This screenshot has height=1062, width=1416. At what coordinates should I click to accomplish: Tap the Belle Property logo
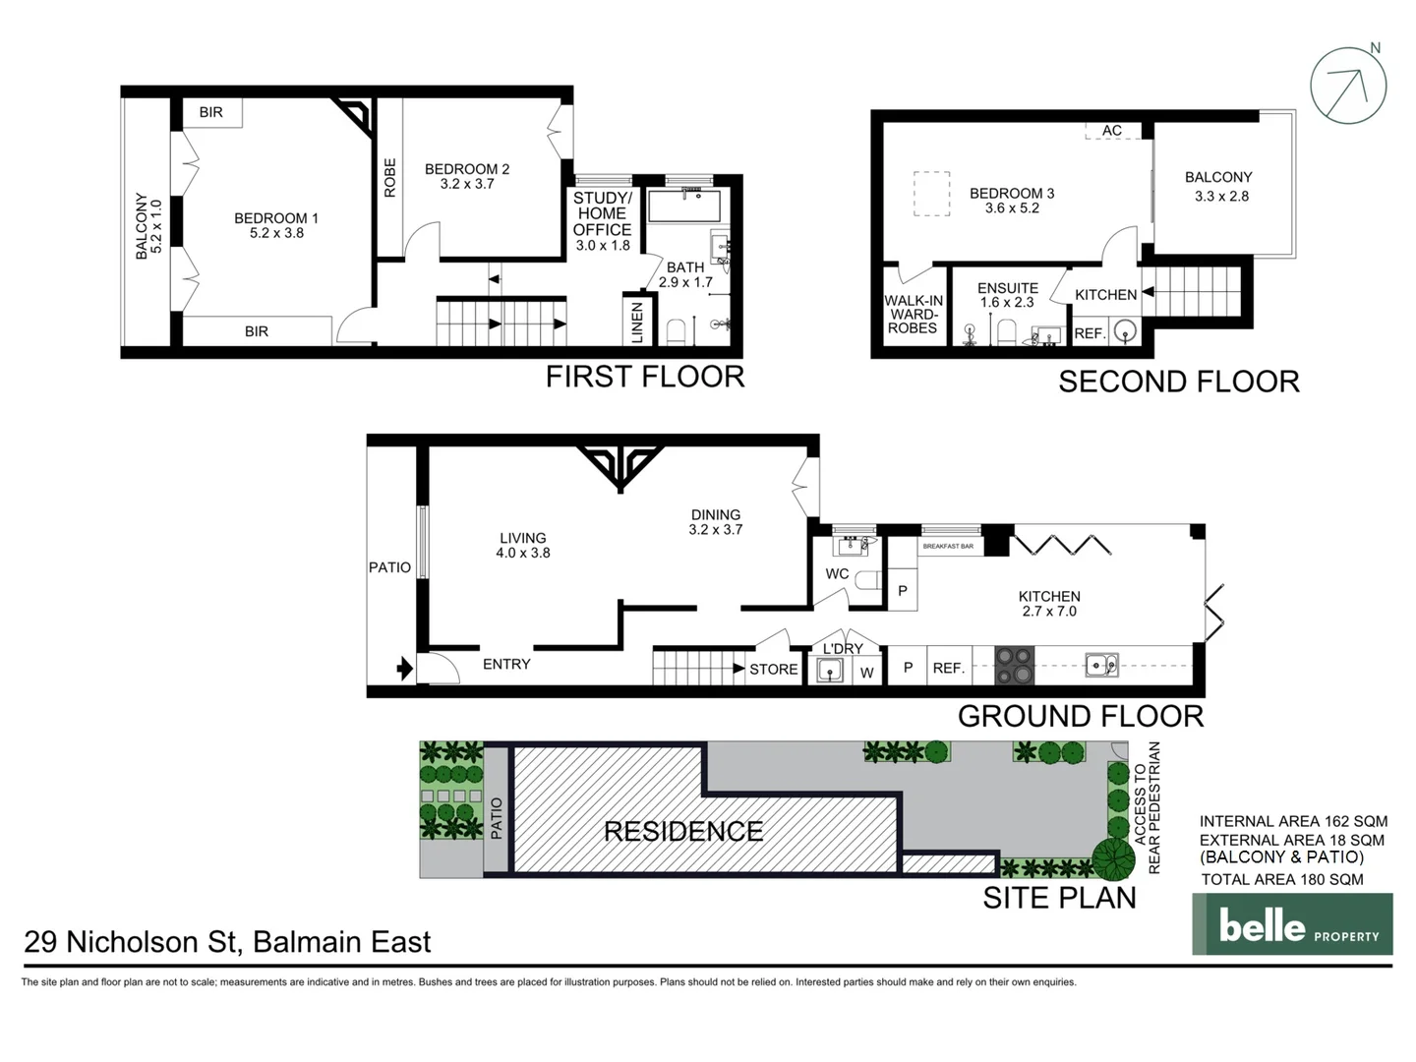pos(1292,924)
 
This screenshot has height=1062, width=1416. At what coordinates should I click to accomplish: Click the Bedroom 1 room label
pos(275,218)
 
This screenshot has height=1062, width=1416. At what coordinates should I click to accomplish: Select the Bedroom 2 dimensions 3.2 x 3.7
pos(467,184)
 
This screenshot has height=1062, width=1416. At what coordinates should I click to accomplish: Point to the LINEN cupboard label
pos(637,322)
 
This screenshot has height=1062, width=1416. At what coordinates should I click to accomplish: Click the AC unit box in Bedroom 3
pos(1112,131)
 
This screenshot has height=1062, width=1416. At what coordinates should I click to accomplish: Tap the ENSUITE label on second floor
pos(1007,288)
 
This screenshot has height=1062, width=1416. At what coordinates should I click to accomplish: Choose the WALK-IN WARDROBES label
pos(913,315)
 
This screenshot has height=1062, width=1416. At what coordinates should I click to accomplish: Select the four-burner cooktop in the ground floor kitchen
pos(1014,666)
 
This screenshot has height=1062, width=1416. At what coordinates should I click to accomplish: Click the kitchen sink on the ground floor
pos(1101,666)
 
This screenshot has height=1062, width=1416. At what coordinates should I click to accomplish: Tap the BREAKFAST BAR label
pos(948,546)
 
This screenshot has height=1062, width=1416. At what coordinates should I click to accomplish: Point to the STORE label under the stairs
pos(773,670)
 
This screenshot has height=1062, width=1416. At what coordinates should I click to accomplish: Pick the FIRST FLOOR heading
pos(645,377)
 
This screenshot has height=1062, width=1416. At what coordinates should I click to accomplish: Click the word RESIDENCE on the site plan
pos(683,832)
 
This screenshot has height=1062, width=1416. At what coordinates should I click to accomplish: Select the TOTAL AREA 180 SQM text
pos(1282,880)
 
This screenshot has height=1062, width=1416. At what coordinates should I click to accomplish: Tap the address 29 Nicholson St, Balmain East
pos(227,942)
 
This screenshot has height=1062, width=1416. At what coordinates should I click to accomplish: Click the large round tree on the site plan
pos(1113,859)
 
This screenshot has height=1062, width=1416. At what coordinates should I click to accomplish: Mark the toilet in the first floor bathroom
pos(676,330)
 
